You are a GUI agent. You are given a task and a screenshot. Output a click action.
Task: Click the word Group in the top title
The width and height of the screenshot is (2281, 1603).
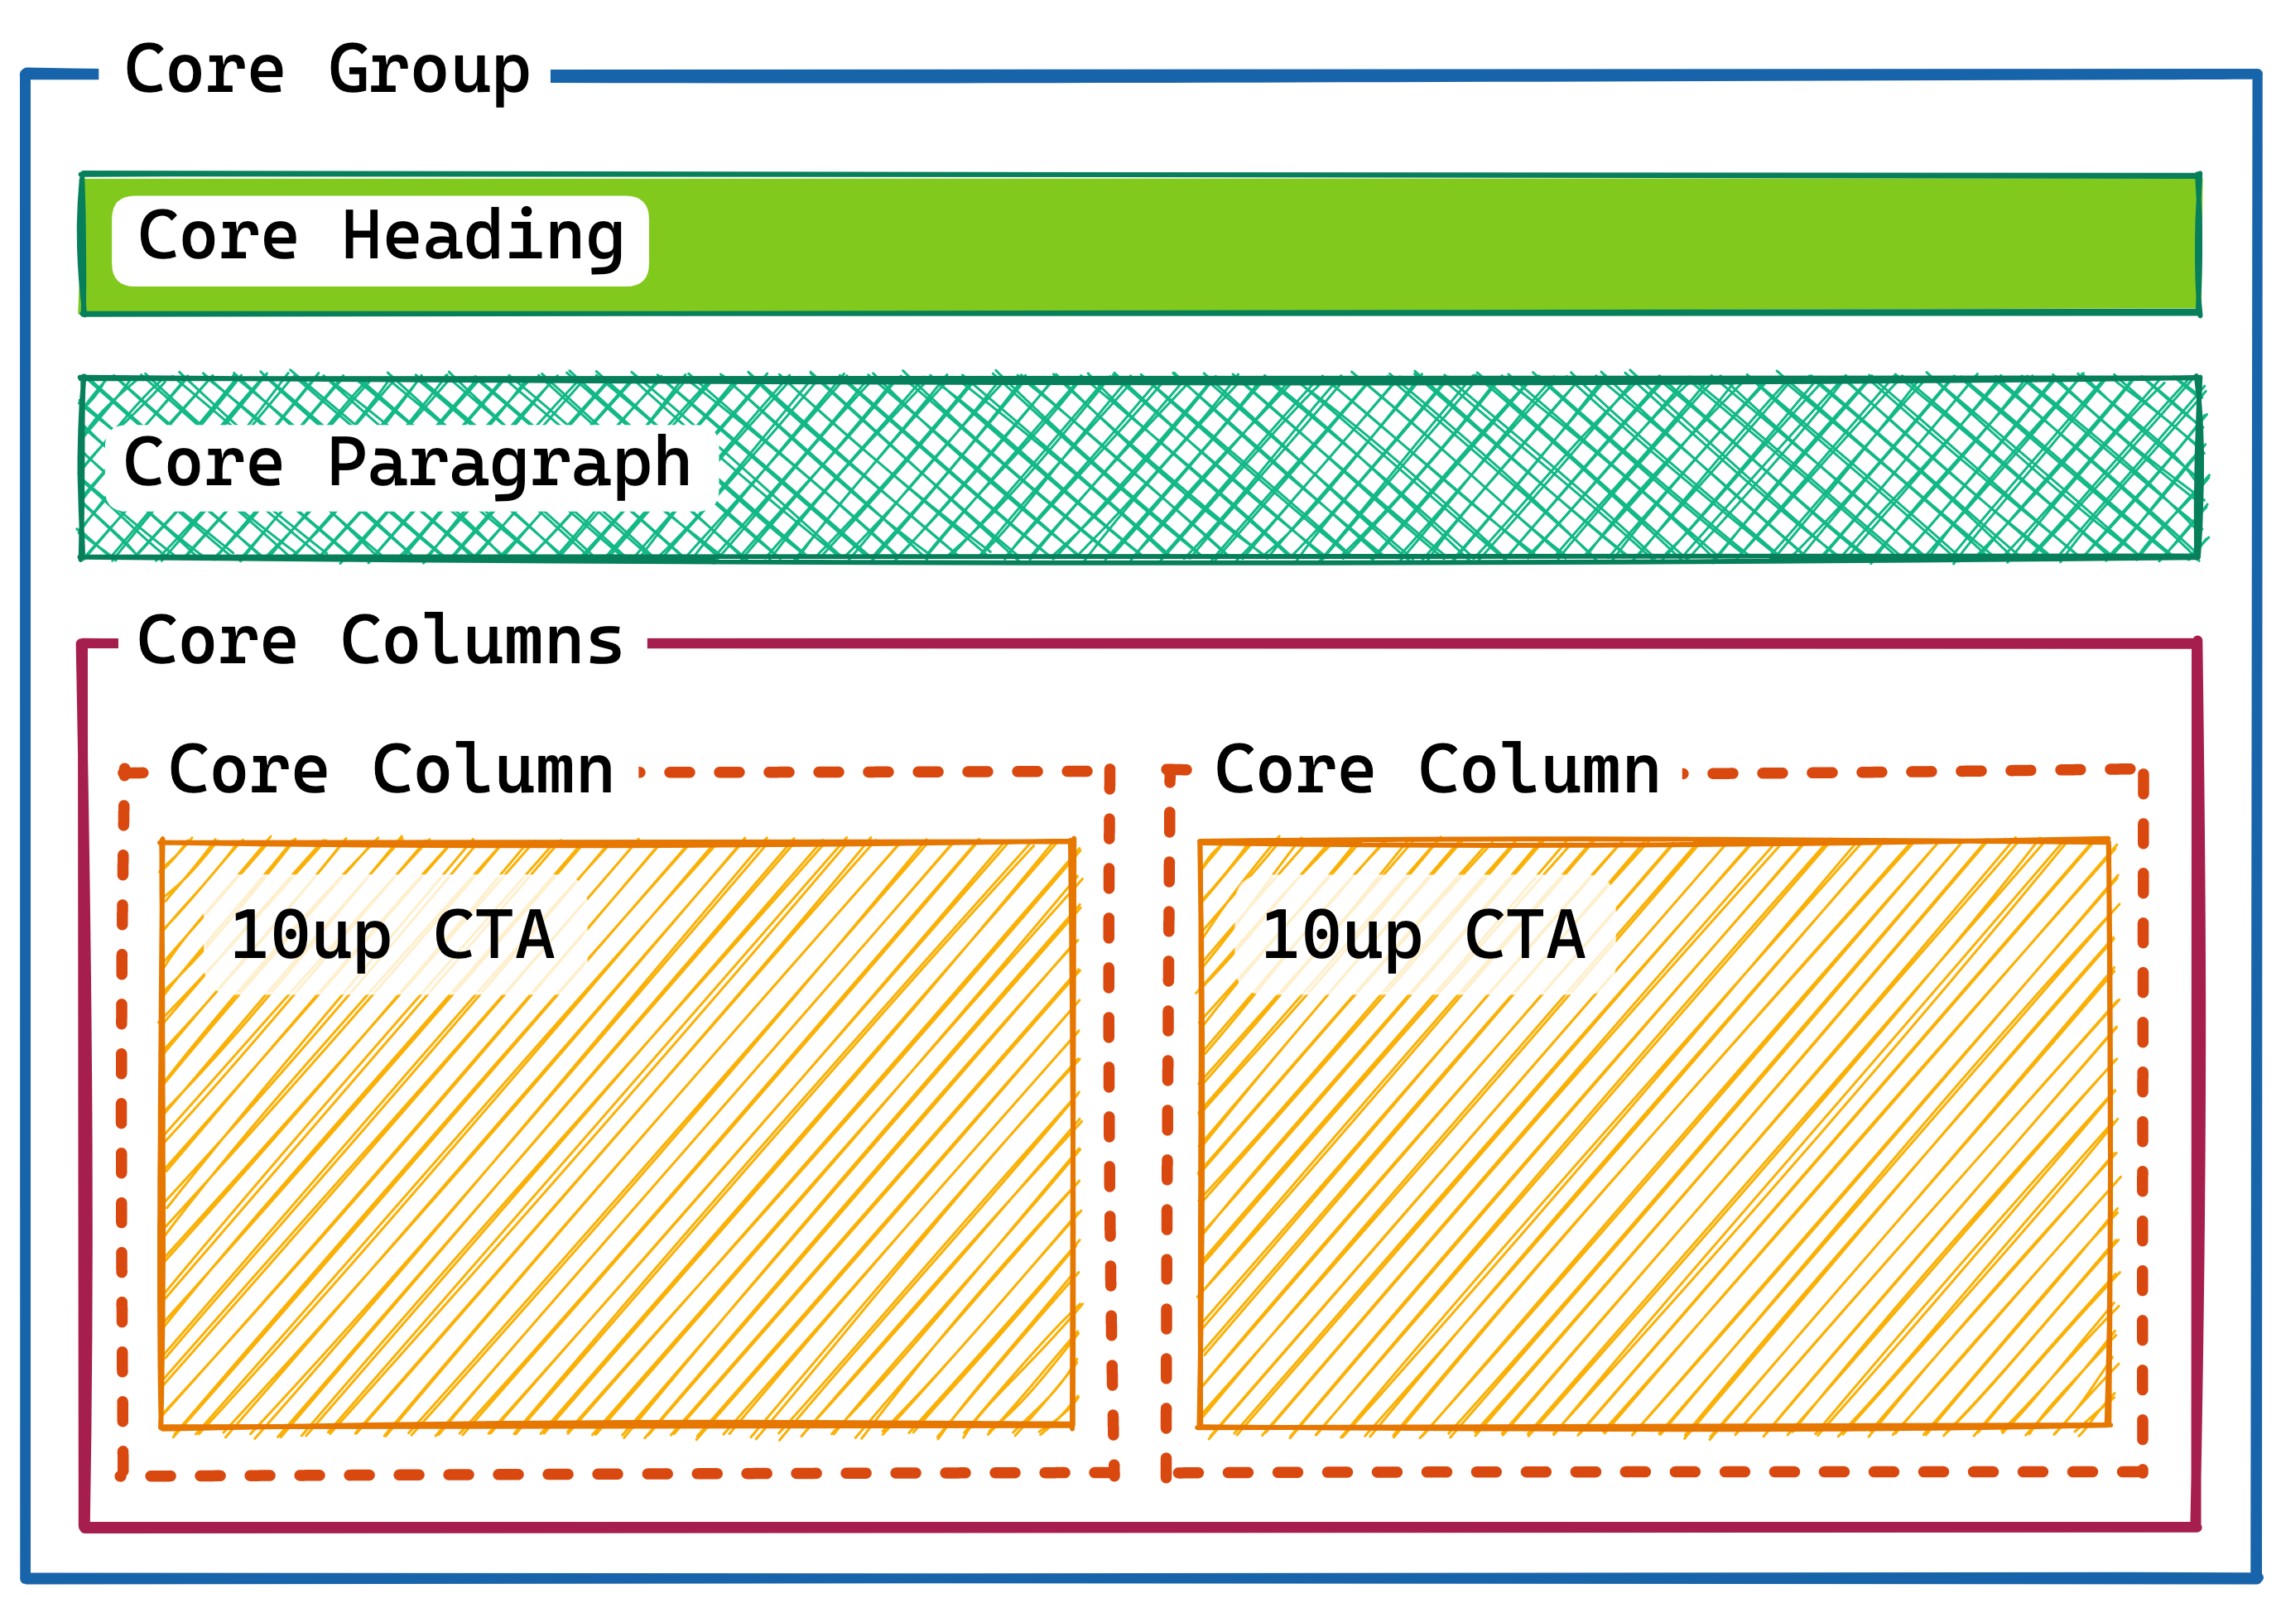click(428, 71)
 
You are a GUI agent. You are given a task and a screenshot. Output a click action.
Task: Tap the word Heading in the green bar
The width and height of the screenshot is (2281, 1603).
click(482, 238)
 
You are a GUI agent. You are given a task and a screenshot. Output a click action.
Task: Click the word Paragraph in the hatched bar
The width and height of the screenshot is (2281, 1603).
click(508, 465)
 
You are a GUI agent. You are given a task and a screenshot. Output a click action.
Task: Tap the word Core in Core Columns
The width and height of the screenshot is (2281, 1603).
click(217, 641)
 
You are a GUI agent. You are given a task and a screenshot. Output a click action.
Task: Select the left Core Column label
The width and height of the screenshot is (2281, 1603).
click(391, 770)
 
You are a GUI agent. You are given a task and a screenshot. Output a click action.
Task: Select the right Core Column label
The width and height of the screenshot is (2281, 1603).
click(1436, 770)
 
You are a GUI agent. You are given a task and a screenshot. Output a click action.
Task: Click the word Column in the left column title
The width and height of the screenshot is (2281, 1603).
click(493, 770)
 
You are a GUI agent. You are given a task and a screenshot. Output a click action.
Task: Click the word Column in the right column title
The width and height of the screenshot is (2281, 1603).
click(1539, 770)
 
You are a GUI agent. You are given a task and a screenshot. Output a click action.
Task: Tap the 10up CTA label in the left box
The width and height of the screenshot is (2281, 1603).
click(392, 935)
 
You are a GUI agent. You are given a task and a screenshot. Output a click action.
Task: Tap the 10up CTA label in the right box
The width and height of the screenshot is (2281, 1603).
click(1422, 935)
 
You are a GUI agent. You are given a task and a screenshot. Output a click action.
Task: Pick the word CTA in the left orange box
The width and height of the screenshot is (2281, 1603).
click(493, 935)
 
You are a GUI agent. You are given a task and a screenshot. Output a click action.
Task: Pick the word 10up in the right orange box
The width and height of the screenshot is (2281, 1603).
click(1341, 935)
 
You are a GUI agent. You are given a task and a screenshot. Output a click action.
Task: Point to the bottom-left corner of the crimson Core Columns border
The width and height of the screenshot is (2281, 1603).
click(84, 1527)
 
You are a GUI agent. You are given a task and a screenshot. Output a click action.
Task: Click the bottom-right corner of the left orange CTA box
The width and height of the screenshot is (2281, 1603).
click(1072, 1424)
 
